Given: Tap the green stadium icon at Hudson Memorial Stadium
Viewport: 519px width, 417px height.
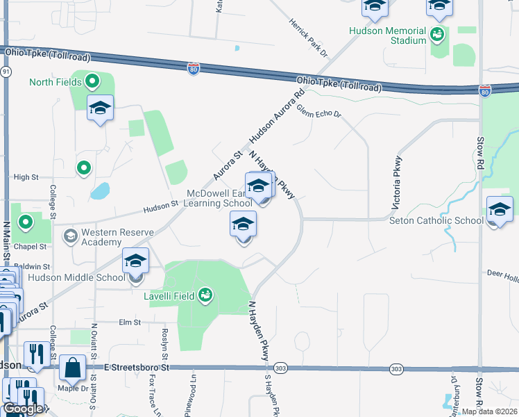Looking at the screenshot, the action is click(x=437, y=33).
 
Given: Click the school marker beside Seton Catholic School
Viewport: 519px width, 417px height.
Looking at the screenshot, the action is click(x=500, y=210).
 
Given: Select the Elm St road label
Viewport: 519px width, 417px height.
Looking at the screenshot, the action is click(x=130, y=322).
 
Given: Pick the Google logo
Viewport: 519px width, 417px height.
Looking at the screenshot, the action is click(x=23, y=409).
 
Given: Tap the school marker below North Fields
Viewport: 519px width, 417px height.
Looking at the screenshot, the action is click(x=101, y=109).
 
